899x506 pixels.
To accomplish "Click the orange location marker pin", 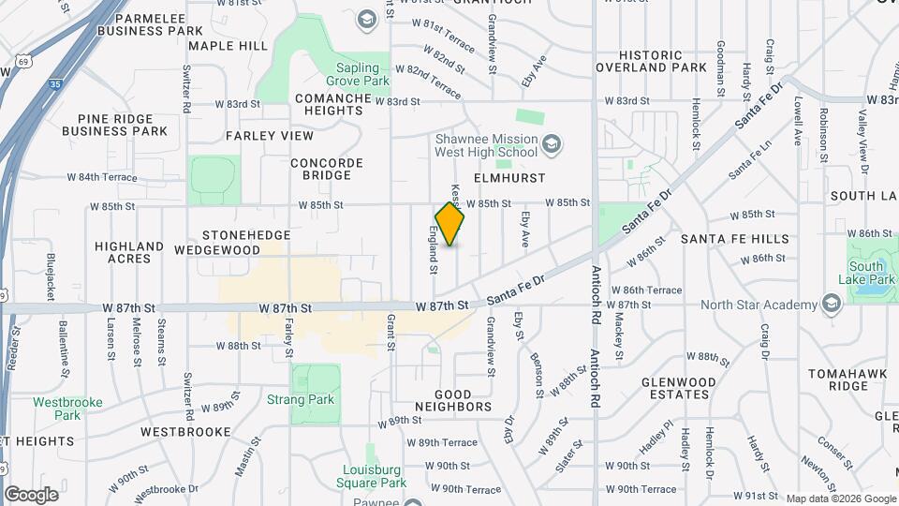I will coord(449,224).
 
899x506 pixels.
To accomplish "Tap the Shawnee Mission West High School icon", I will coord(553,143).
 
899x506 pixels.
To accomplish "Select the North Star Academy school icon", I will coord(830,304).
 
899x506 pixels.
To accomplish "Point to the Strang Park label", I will coord(313,400).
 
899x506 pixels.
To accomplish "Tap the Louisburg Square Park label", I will coord(372,476).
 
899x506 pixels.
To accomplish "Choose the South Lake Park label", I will coord(866,274).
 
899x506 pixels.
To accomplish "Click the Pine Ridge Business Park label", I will coord(115,125).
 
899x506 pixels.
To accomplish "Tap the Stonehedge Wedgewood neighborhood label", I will coord(245,242).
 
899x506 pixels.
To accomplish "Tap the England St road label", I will coord(434,250).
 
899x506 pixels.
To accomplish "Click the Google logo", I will coord(31,494).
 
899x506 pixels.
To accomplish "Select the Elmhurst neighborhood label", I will coord(509,176).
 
